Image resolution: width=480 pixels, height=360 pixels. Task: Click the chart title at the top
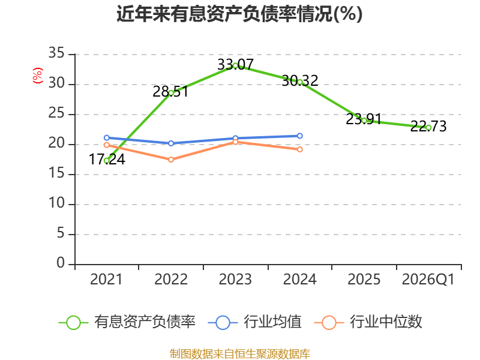(x=239, y=14)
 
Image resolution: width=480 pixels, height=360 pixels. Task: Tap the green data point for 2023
(x=235, y=65)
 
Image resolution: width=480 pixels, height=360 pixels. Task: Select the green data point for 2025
(x=364, y=121)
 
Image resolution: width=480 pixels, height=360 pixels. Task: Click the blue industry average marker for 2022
(x=171, y=143)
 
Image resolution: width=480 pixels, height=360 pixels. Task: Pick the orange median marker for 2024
(x=299, y=149)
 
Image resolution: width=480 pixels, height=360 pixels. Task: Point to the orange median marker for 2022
(x=171, y=160)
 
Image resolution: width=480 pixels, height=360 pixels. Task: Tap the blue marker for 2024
(x=299, y=136)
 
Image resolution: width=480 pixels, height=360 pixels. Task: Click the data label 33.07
(x=235, y=64)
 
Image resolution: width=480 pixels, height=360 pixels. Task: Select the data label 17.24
(x=107, y=159)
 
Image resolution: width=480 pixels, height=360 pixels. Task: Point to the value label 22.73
(x=428, y=126)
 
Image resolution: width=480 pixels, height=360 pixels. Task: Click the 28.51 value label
(x=170, y=91)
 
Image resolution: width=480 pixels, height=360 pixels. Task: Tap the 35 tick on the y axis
(x=56, y=53)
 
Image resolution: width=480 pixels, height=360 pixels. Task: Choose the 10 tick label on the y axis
(x=56, y=203)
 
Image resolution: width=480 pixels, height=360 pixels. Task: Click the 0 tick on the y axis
(x=61, y=263)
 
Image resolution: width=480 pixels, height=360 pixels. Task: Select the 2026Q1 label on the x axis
(x=428, y=279)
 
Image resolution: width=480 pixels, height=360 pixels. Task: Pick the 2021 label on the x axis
(x=106, y=279)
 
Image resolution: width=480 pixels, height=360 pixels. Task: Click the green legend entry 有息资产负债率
(x=127, y=322)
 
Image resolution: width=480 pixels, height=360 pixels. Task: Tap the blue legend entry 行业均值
(x=254, y=322)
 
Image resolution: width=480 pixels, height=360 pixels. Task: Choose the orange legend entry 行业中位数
(x=368, y=322)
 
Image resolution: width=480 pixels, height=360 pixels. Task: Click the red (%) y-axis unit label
(x=38, y=76)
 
